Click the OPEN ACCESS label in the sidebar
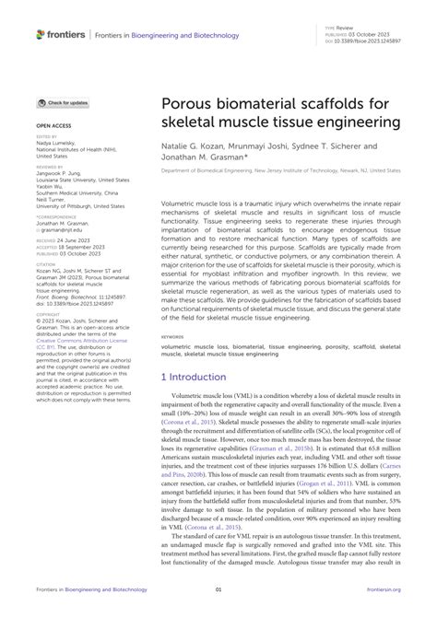click(x=54, y=122)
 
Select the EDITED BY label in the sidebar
click(x=46, y=134)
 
